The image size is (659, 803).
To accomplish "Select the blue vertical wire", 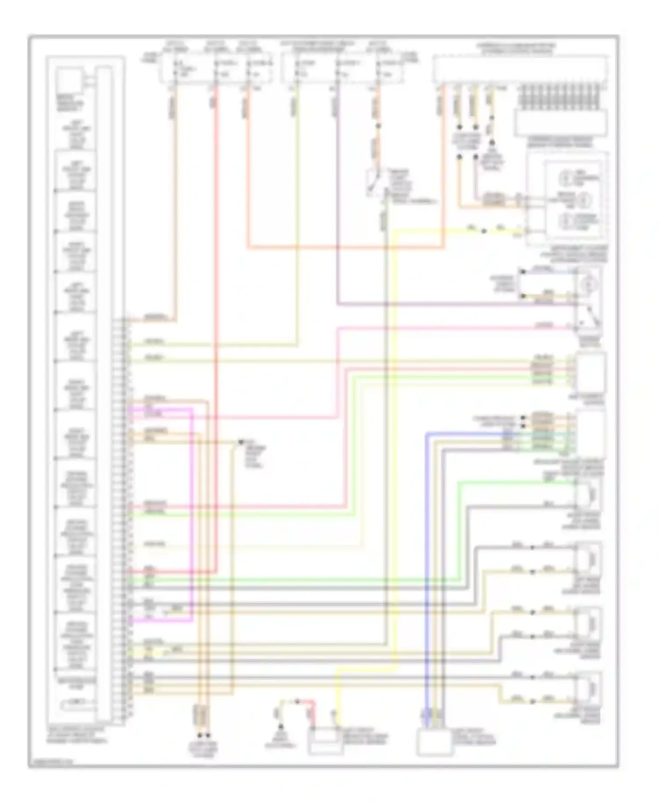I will tap(426, 571).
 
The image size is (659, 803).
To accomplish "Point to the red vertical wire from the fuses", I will tap(216, 307).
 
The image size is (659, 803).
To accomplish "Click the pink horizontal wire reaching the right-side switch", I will tap(439, 328).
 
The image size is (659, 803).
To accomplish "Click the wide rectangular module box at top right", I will tap(520, 69).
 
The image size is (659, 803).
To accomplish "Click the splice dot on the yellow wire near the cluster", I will tap(484, 231).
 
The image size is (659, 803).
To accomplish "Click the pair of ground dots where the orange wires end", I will tap(203, 735).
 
